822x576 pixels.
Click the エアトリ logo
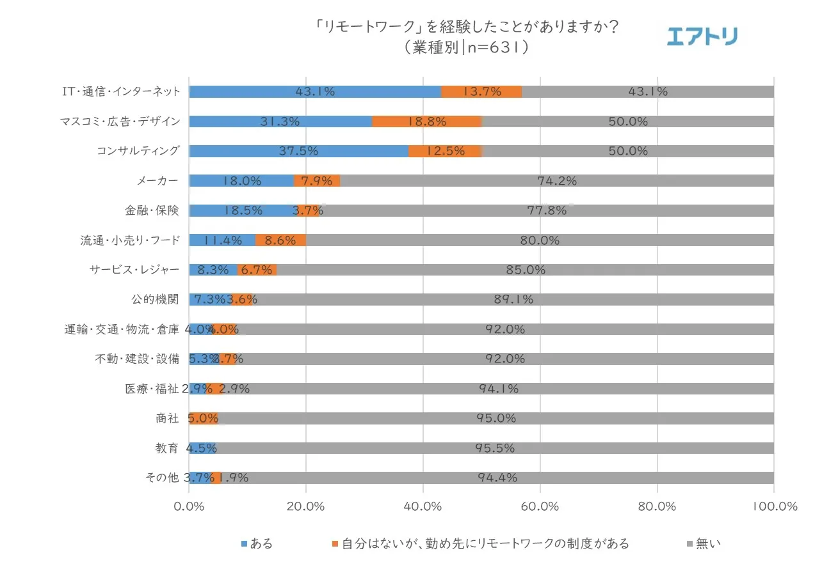click(x=702, y=36)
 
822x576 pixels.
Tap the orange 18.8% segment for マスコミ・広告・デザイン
click(x=426, y=121)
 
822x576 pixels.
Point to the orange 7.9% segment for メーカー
click(x=317, y=181)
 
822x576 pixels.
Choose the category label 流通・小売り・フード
click(x=130, y=240)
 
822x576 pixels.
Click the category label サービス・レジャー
click(x=134, y=270)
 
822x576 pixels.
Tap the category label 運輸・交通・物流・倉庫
click(x=122, y=329)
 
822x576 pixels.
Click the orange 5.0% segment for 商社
click(x=204, y=418)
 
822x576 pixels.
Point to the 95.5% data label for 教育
click(x=495, y=448)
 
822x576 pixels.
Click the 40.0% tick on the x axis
click(x=423, y=506)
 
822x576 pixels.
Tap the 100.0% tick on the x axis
click(x=774, y=506)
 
